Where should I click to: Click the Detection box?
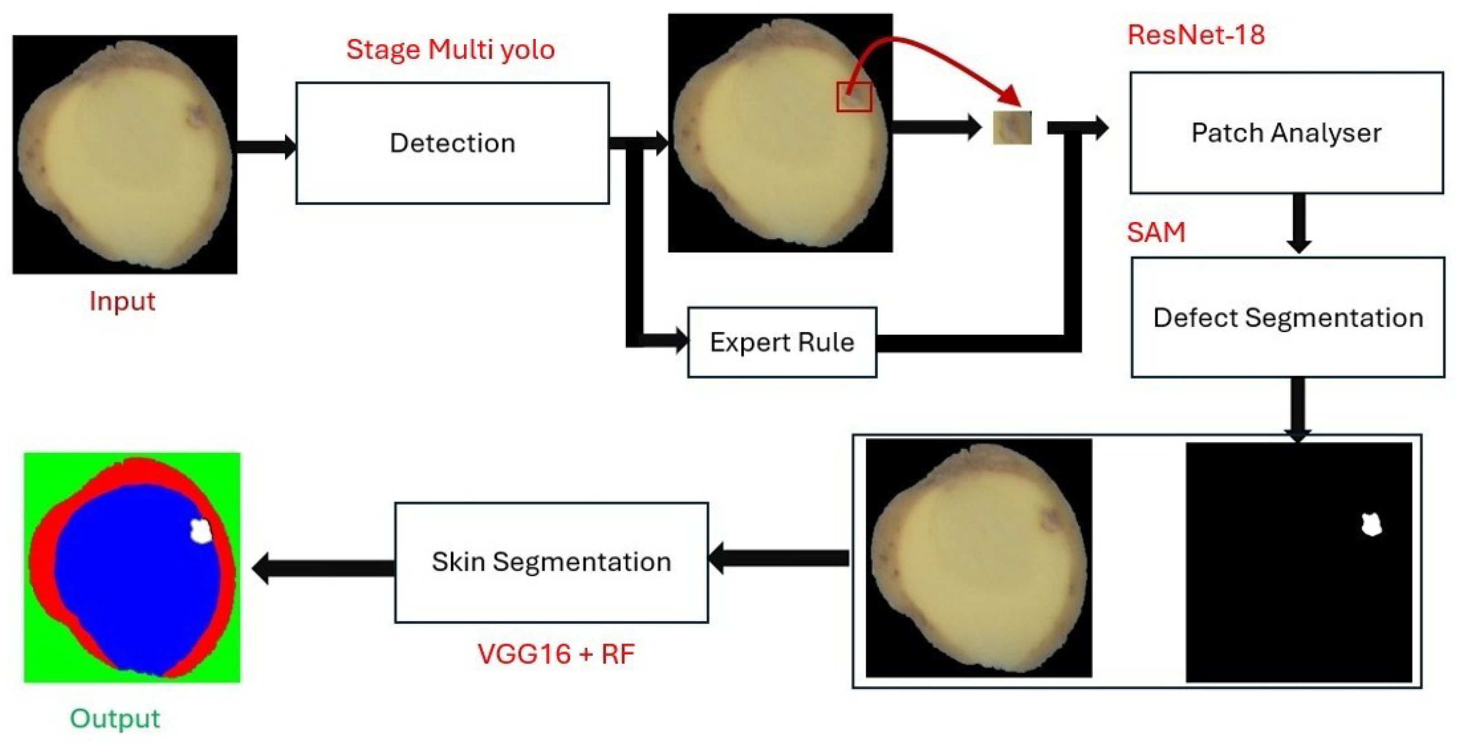pyautogui.click(x=452, y=143)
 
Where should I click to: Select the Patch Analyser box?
pyautogui.click(x=1286, y=132)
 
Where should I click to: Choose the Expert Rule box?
pyautogui.click(x=782, y=342)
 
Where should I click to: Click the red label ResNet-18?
pyautogui.click(x=1196, y=35)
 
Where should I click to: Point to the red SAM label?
pyautogui.click(x=1156, y=232)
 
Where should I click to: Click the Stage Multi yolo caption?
pyautogui.click(x=450, y=50)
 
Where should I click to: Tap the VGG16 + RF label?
pyautogui.click(x=556, y=654)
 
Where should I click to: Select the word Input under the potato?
pyautogui.click(x=122, y=301)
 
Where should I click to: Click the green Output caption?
pyautogui.click(x=115, y=718)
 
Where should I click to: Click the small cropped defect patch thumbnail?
pyautogui.click(x=1012, y=128)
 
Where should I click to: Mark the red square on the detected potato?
pyautogui.click(x=854, y=96)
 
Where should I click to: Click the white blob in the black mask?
pyautogui.click(x=1370, y=525)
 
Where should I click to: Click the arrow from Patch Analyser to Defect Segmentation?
pyautogui.click(x=1299, y=223)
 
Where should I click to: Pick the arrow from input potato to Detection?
pyautogui.click(x=266, y=147)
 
